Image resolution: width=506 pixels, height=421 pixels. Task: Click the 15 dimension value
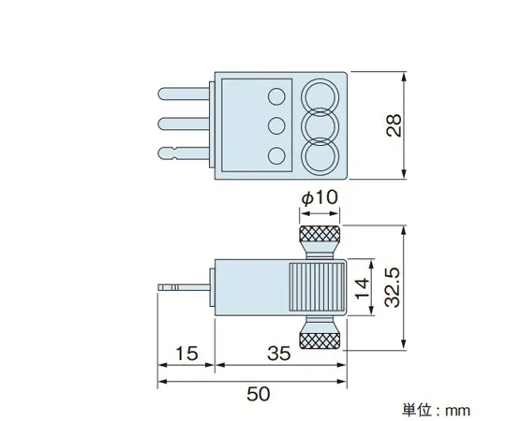point(186,354)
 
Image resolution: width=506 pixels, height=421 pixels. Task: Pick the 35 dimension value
point(278,354)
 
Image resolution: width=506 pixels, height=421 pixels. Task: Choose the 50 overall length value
point(251,394)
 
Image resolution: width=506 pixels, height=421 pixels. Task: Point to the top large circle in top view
point(320,95)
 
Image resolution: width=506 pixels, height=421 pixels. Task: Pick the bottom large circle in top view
point(320,155)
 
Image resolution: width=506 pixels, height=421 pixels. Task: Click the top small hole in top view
point(276,95)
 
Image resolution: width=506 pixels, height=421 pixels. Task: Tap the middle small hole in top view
point(276,124)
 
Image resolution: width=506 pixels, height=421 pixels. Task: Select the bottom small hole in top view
point(276,154)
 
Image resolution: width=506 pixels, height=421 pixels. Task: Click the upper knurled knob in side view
point(320,235)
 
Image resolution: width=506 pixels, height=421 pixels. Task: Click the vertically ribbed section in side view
point(316,285)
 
